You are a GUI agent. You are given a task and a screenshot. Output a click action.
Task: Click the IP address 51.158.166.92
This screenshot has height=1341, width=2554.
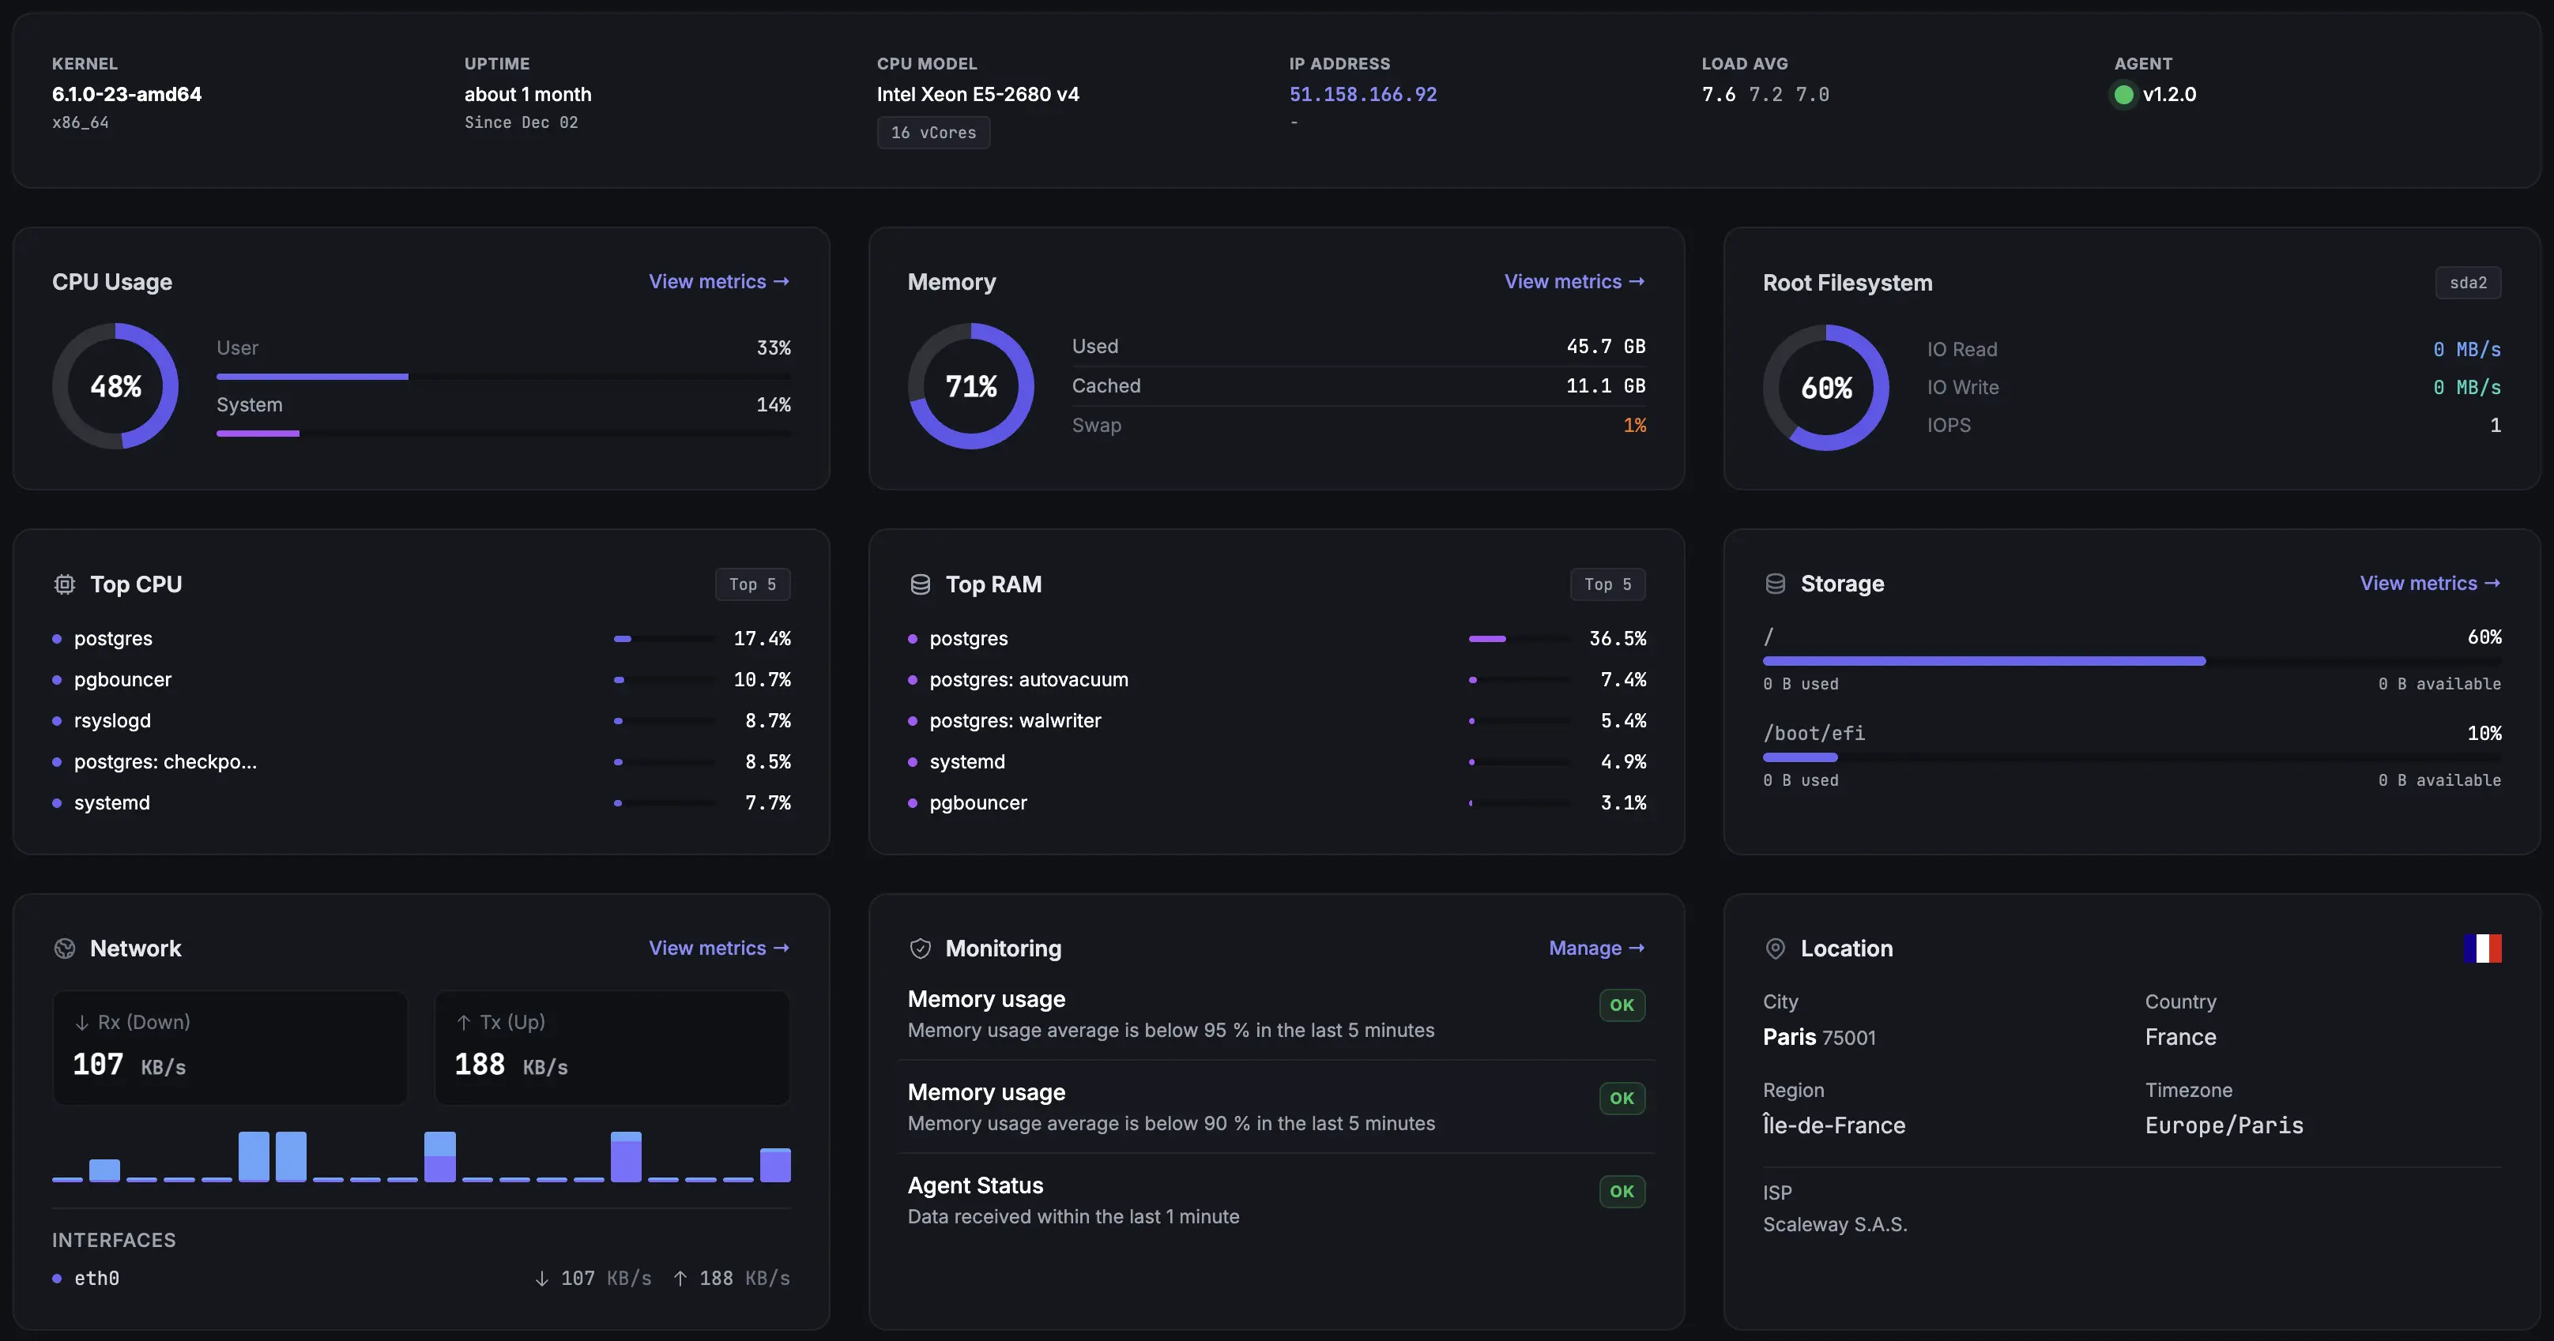[1362, 94]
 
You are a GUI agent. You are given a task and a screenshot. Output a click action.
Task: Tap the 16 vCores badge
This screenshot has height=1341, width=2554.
[933, 133]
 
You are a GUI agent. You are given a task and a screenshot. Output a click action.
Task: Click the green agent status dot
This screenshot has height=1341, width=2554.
[2123, 95]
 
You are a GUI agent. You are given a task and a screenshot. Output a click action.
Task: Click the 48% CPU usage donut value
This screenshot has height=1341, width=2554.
[115, 386]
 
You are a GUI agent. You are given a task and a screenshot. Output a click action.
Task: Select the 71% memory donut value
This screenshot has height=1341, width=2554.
[970, 386]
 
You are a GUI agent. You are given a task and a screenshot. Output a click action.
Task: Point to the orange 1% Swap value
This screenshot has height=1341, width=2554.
[1634, 425]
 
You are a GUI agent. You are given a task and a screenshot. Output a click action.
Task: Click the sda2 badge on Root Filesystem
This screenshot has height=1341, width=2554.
[2467, 284]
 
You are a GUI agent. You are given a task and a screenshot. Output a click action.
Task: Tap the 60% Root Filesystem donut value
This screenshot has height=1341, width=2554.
[1826, 389]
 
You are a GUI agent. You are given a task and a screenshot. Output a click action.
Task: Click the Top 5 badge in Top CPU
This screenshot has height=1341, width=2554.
[752, 584]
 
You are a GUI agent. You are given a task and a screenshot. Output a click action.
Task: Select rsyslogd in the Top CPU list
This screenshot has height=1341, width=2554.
[112, 720]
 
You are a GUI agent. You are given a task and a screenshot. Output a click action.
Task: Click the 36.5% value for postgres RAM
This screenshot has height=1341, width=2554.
[1617, 638]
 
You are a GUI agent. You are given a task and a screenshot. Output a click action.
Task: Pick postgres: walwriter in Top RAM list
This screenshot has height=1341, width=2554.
[1015, 720]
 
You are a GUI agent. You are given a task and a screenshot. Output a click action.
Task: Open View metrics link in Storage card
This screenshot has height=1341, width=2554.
[2429, 583]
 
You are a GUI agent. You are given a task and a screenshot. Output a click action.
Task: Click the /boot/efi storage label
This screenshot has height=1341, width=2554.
[1814, 734]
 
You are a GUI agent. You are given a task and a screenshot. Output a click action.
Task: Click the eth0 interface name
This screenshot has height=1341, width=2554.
[96, 1279]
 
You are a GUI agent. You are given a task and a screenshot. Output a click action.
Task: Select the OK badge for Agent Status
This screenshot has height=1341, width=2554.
[1621, 1191]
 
